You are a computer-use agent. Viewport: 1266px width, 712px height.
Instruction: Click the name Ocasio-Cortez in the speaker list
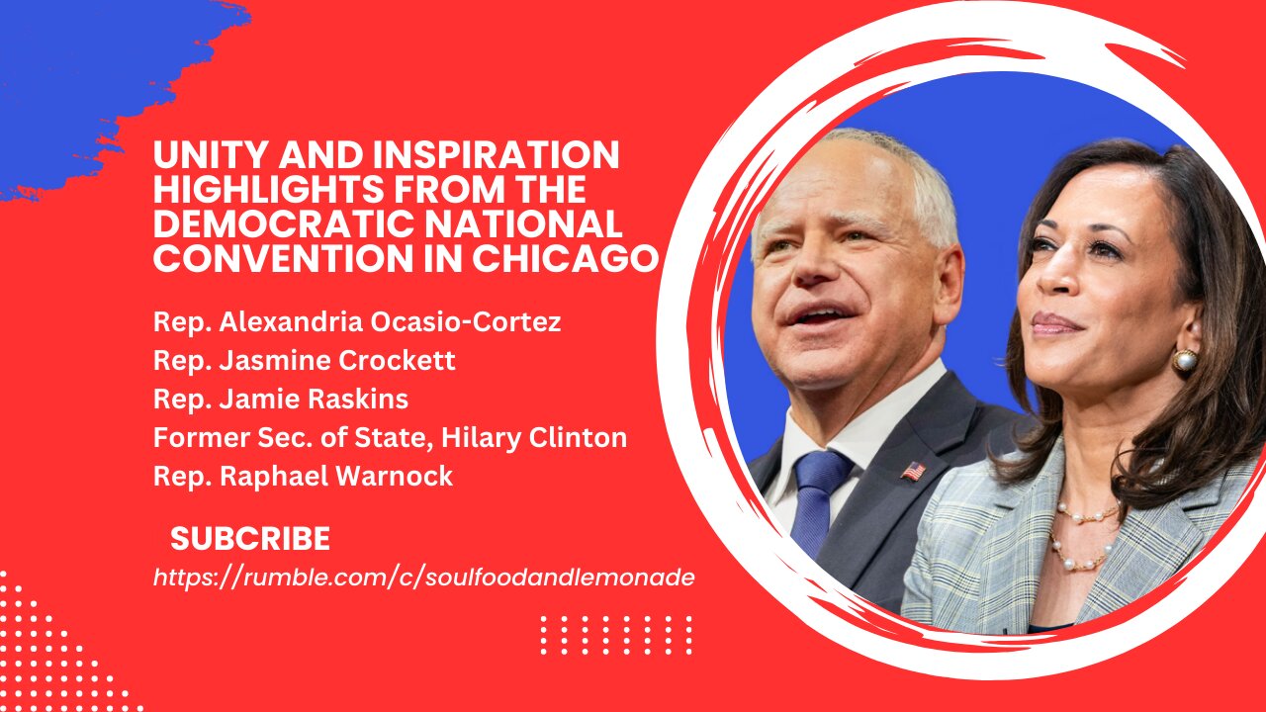pos(466,322)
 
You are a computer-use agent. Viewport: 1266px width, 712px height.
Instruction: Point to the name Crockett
pos(397,361)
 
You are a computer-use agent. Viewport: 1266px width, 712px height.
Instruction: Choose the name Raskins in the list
pos(358,399)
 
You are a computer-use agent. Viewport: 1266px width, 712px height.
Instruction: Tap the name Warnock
pos(395,476)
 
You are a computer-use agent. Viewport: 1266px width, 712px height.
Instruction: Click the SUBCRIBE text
pos(250,539)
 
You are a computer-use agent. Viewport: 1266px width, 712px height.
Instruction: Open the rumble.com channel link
pos(424,578)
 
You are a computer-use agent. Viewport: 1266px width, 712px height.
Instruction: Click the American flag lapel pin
pos(913,471)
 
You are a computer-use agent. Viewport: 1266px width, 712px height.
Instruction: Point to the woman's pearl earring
pos(1185,360)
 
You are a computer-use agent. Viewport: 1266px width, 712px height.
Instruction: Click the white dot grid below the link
pos(616,635)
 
